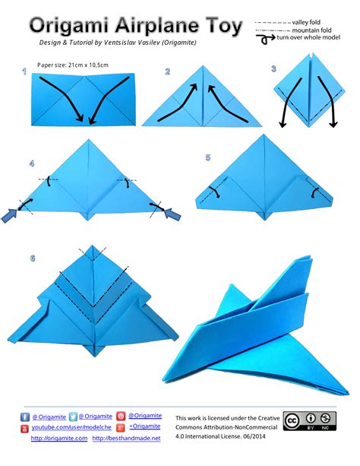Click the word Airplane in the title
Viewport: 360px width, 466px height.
click(x=157, y=26)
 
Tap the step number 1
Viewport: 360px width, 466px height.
click(x=24, y=71)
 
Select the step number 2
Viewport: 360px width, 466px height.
click(x=168, y=71)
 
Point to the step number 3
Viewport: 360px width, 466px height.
click(x=273, y=68)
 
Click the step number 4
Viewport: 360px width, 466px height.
click(x=32, y=163)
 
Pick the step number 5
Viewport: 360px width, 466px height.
click(x=208, y=157)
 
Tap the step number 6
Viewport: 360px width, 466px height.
click(x=33, y=258)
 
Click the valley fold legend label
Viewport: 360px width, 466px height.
click(x=306, y=22)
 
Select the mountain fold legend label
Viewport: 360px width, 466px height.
click(x=311, y=30)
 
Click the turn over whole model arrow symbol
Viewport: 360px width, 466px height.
click(x=266, y=39)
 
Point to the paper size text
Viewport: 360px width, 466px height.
click(x=73, y=65)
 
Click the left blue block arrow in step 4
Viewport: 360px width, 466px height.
click(x=10, y=215)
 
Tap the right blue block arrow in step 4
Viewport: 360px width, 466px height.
click(x=172, y=214)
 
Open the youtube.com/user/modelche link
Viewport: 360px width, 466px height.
click(x=71, y=427)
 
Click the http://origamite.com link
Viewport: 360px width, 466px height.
click(x=59, y=438)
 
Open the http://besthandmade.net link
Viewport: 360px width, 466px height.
click(x=126, y=438)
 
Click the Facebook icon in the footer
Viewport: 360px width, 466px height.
click(x=25, y=417)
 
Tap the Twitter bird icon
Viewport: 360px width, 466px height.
click(x=73, y=417)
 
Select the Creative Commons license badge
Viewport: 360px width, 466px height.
click(x=310, y=421)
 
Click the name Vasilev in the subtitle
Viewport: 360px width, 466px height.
click(x=150, y=43)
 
